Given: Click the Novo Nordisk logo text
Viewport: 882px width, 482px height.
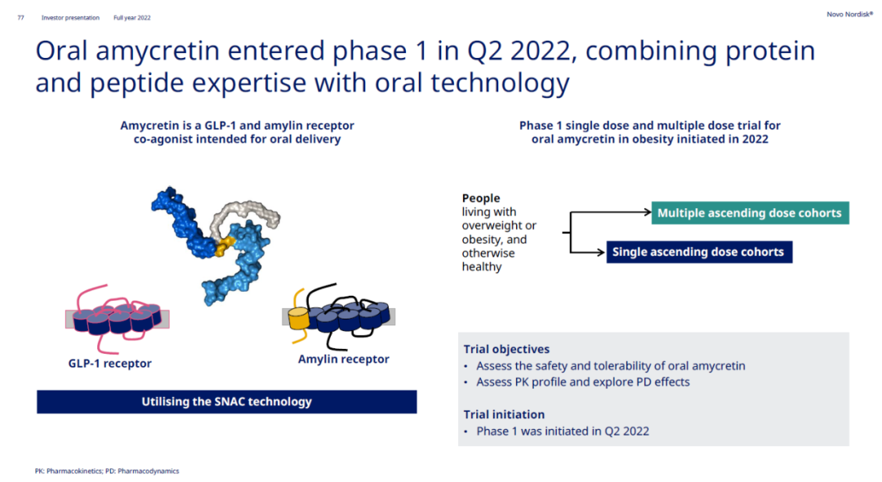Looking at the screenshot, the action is tap(849, 14).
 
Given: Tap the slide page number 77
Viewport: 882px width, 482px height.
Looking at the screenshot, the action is tap(20, 17).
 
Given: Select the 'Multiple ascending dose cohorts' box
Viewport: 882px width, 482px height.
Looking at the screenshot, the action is tap(750, 212).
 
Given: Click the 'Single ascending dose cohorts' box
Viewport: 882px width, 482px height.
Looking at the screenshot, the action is tap(699, 252).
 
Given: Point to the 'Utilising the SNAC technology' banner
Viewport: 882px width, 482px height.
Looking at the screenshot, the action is tap(227, 402).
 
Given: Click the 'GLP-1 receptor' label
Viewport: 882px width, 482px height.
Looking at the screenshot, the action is tap(109, 364).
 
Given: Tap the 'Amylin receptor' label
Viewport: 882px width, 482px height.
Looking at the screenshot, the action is tap(343, 359).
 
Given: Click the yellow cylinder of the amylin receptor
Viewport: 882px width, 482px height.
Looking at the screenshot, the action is tap(299, 319).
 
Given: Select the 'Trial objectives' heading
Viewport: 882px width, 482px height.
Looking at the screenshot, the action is tap(506, 350).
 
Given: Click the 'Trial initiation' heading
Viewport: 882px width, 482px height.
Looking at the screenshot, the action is tap(504, 414).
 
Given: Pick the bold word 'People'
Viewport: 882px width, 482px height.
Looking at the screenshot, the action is tap(481, 198).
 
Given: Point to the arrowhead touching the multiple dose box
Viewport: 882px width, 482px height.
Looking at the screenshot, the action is tap(648, 212).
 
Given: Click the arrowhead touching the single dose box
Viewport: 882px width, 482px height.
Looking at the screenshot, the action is tap(602, 252).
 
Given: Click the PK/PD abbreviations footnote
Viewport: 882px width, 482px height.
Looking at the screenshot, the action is tap(107, 471).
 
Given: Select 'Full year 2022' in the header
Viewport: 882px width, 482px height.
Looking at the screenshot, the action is tap(132, 17).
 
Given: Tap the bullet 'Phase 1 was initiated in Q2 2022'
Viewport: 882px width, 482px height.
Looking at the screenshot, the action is tap(563, 431).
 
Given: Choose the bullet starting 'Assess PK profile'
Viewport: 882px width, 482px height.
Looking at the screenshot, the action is tap(583, 382).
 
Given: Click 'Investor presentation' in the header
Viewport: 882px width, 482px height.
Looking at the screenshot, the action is tap(70, 17).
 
